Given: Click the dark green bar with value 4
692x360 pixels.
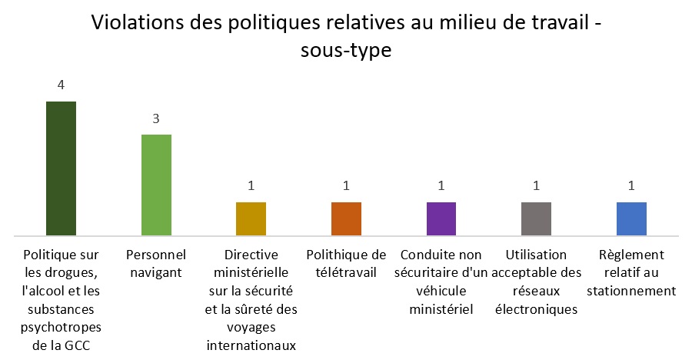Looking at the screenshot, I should [x=61, y=168].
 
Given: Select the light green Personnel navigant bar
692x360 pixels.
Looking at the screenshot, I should [x=156, y=185].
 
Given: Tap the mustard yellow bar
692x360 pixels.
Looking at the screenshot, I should [x=251, y=218].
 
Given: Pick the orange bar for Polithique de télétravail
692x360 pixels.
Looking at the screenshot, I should [x=346, y=218].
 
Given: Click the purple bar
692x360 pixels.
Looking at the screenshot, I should [x=441, y=218].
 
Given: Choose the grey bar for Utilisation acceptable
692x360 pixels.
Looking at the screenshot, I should [x=536, y=218].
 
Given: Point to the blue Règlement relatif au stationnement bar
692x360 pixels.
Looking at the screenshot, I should [x=631, y=218].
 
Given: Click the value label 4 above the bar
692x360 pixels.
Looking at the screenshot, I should [x=61, y=85].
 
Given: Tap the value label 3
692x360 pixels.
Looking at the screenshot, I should [x=156, y=119].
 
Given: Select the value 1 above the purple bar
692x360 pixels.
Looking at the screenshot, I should [x=441, y=186].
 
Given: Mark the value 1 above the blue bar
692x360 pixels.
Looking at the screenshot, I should [x=631, y=186].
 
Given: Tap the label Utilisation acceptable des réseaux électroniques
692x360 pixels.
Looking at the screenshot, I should [x=536, y=282].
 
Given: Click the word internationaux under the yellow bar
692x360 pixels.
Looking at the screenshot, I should [x=251, y=345].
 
